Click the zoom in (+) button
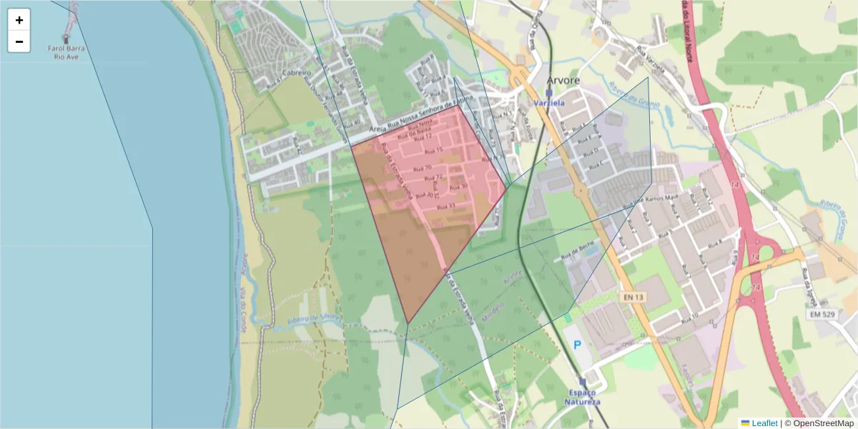tap(19, 20)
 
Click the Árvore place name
tap(563, 80)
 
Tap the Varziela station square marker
tap(549, 92)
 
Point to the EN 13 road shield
tap(633, 297)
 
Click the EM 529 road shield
tap(824, 314)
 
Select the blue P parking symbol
tap(577, 345)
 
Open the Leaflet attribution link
tap(764, 423)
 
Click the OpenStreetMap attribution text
tap(819, 423)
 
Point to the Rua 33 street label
tap(446, 207)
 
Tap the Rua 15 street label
tap(433, 151)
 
